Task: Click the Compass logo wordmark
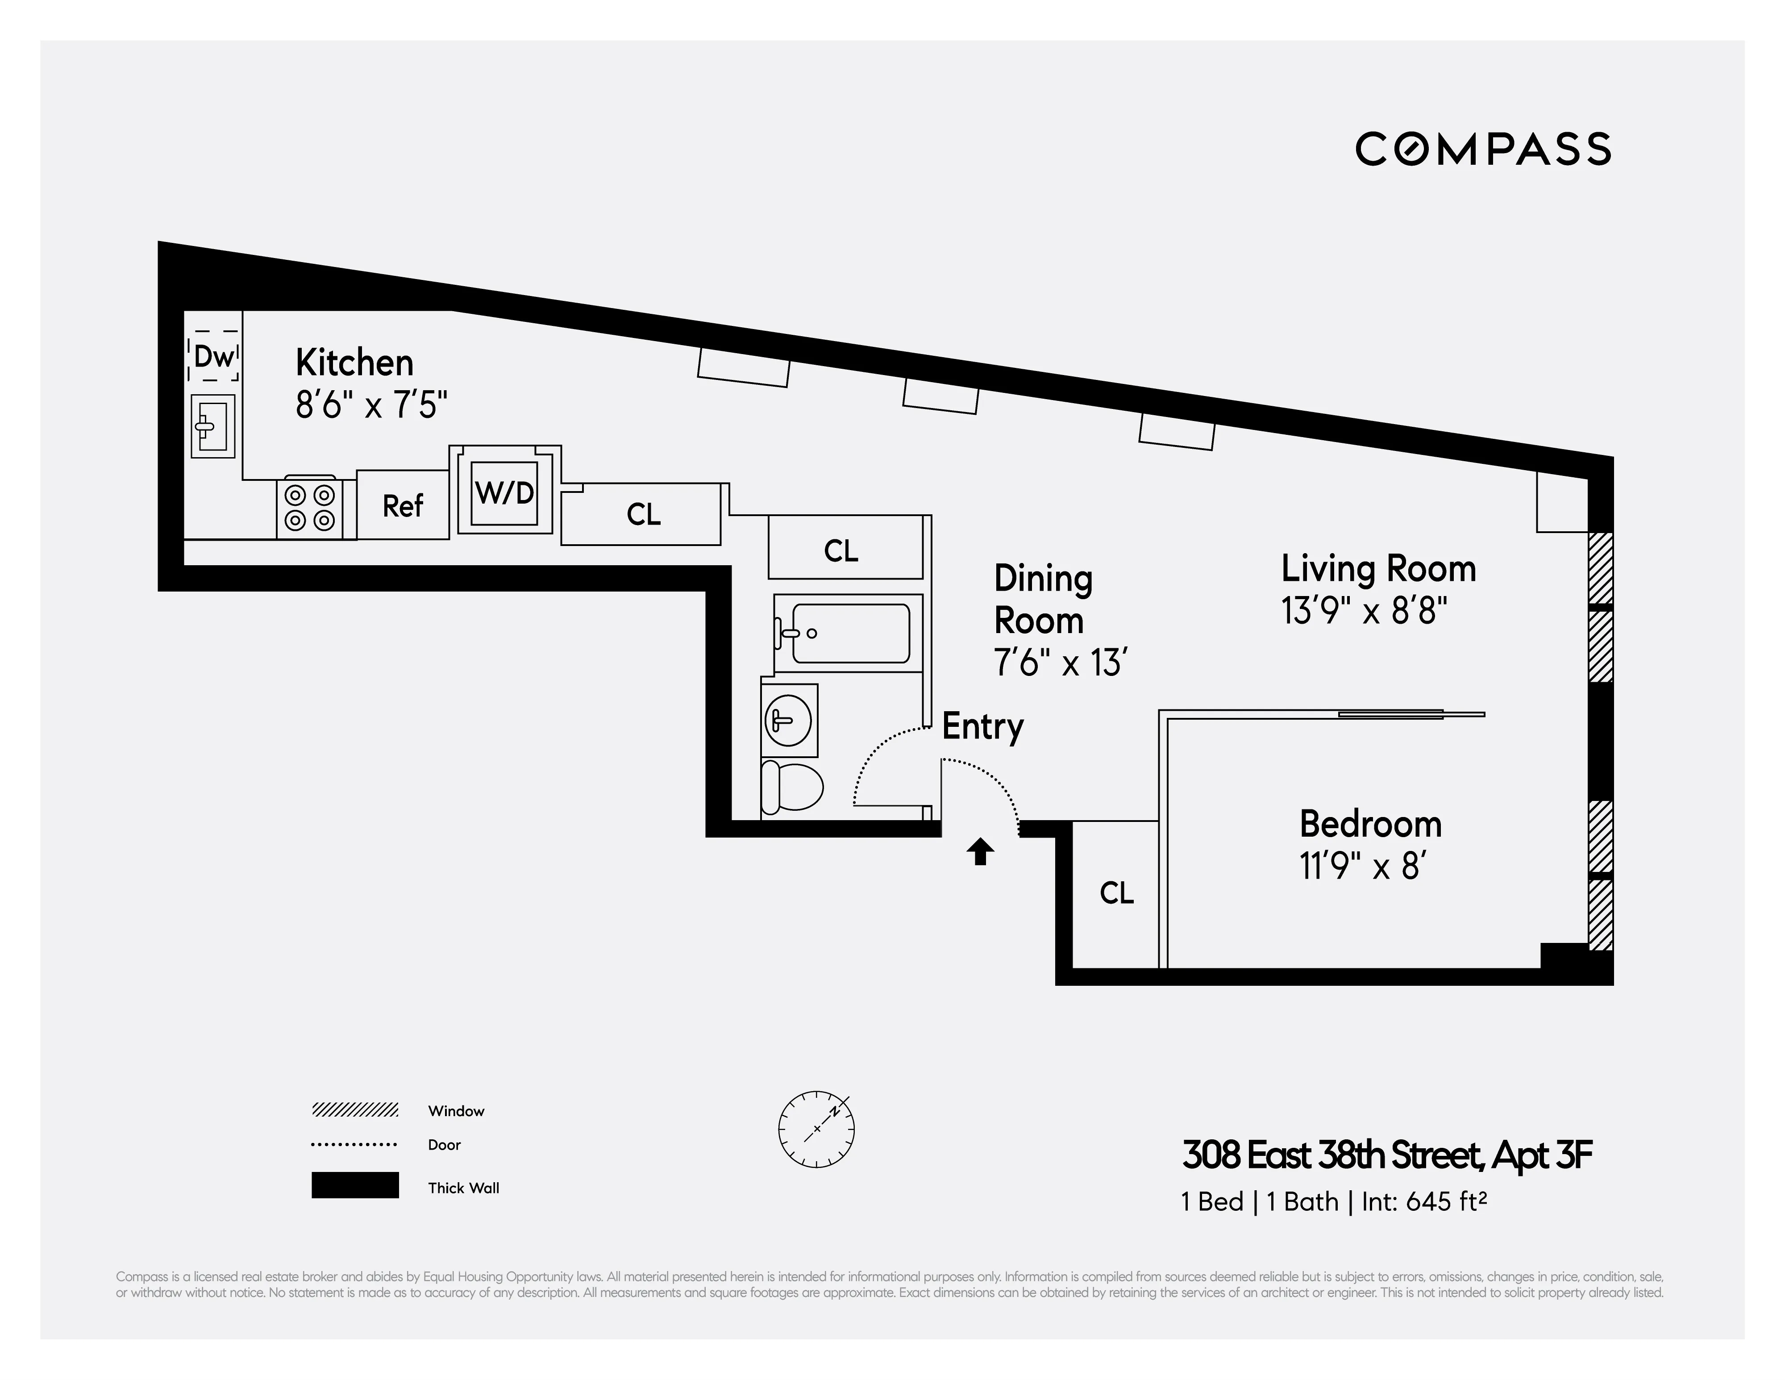coord(1483,149)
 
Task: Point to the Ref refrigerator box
coord(403,505)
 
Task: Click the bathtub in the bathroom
coord(850,633)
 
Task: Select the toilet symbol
coord(791,787)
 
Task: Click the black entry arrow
coord(981,852)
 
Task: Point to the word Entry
coord(982,726)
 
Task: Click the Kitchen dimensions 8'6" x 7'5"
coord(372,404)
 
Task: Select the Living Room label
coord(1378,569)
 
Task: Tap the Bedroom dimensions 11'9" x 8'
coord(1363,867)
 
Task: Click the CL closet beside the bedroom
coord(1116,893)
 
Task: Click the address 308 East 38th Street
coord(1332,1156)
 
